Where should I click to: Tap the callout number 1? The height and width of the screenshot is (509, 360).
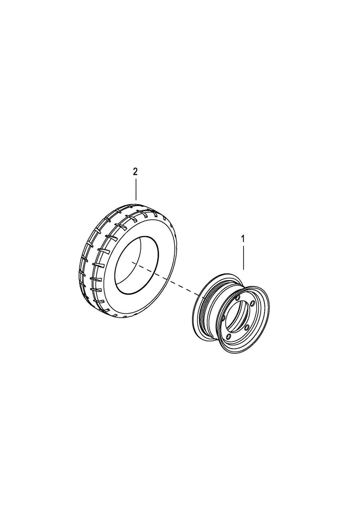click(243, 239)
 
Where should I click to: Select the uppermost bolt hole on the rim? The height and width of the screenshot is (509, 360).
click(238, 298)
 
